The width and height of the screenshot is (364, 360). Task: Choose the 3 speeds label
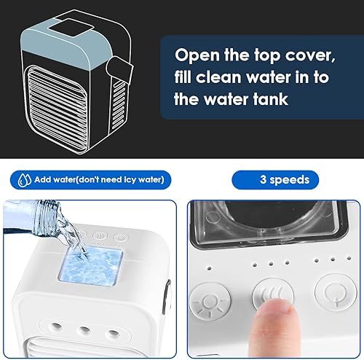pos(284,179)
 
